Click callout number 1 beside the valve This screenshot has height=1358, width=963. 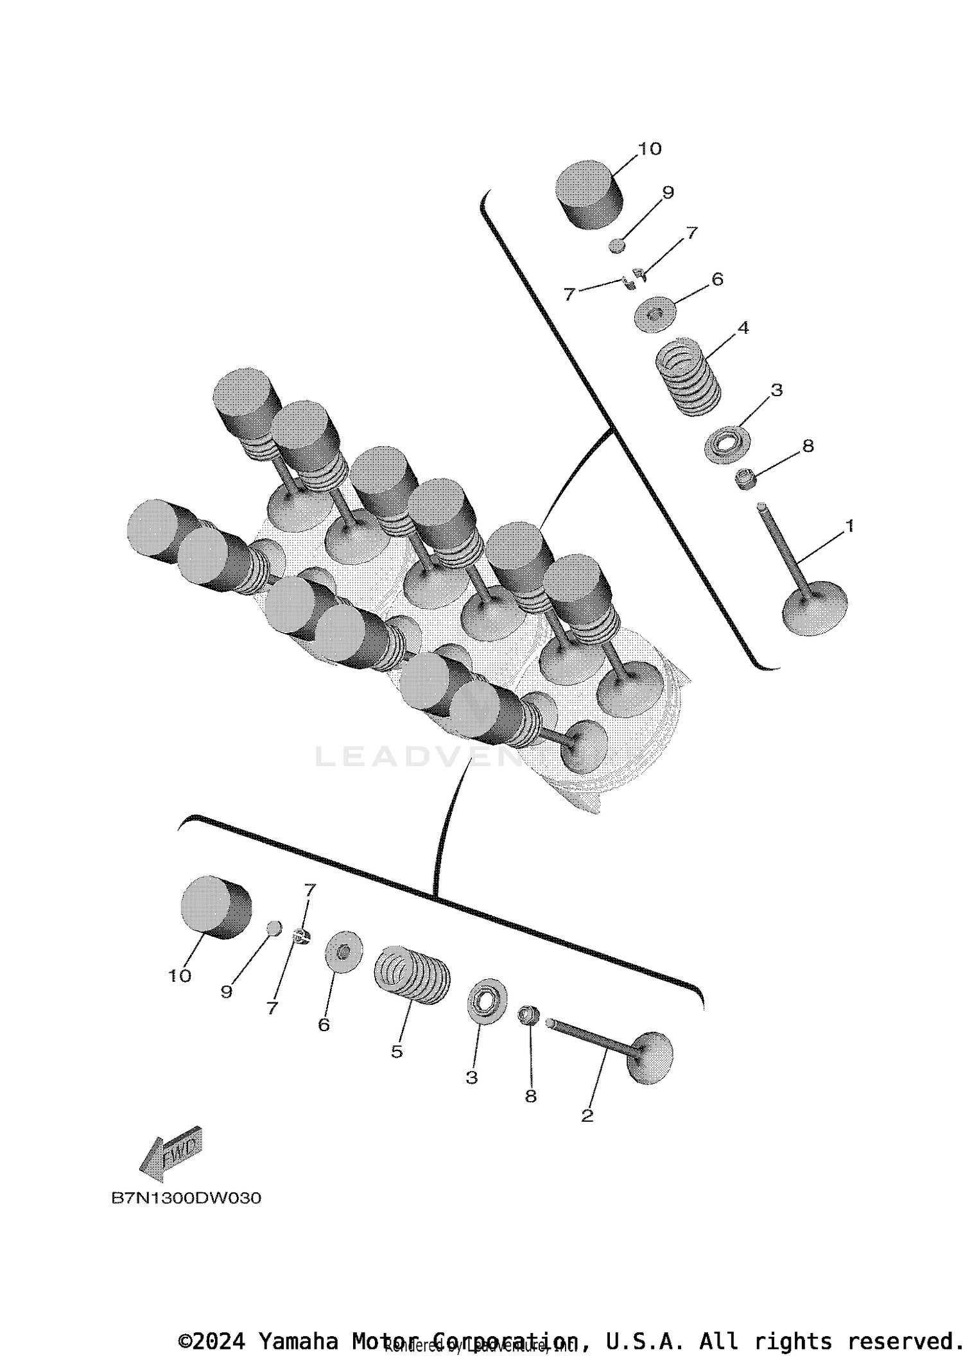849,526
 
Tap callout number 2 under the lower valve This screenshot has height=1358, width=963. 587,1116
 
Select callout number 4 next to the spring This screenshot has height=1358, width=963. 743,327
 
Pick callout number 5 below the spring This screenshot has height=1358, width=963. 397,1052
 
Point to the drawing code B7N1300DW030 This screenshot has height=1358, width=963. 186,1198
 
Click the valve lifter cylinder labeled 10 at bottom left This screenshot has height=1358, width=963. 215,907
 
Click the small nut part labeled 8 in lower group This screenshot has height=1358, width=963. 528,1014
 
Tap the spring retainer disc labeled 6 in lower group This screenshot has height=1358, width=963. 343,951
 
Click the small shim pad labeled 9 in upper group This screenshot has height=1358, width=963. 617,246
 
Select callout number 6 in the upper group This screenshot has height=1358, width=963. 717,279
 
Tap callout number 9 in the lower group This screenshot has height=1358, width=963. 226,992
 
